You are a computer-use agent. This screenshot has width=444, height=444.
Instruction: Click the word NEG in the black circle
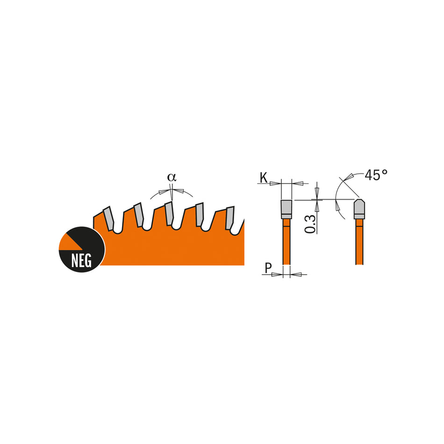(x=81, y=260)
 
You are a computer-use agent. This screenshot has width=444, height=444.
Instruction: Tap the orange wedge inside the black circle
(x=68, y=242)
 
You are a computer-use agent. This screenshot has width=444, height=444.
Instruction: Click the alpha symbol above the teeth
(x=172, y=177)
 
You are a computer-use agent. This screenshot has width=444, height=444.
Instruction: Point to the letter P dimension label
(x=267, y=268)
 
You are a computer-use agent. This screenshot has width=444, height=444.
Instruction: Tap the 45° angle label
(x=376, y=175)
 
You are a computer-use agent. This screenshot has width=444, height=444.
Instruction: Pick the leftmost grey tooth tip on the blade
(x=108, y=218)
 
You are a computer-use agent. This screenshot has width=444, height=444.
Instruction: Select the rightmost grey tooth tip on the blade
(x=229, y=218)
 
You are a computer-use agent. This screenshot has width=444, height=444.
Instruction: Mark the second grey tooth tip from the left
(x=139, y=215)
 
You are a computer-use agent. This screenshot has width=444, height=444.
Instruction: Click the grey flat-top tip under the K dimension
(x=286, y=209)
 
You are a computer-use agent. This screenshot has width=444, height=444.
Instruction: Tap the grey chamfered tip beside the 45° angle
(x=359, y=209)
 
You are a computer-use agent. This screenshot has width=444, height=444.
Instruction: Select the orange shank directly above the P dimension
(x=286, y=243)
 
